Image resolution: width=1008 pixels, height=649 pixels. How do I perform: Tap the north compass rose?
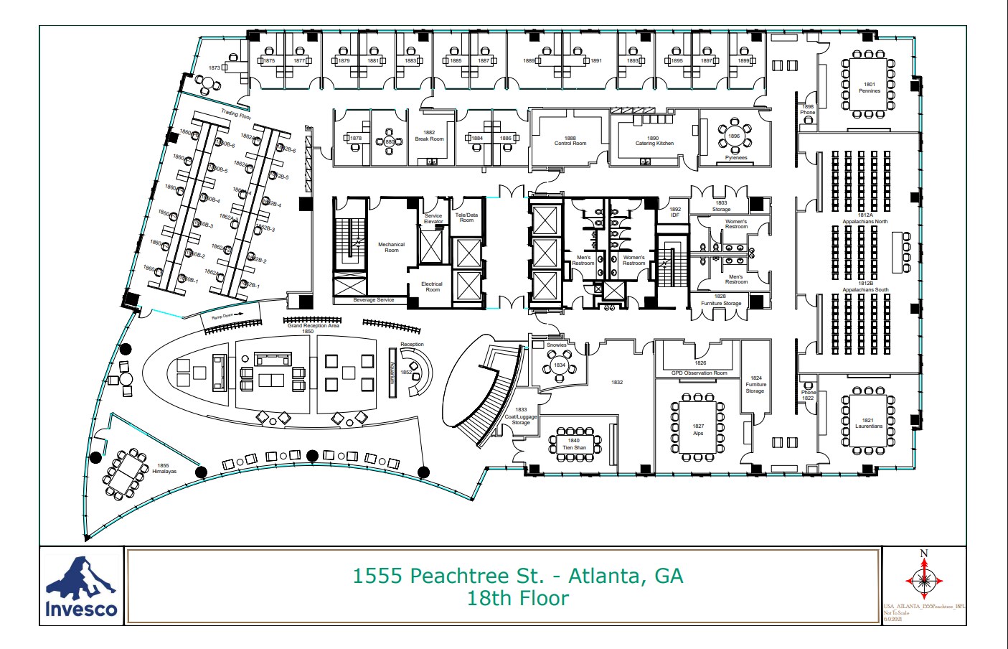pyautogui.click(x=924, y=579)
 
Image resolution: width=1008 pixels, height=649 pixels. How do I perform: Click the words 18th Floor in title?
pyautogui.click(x=517, y=598)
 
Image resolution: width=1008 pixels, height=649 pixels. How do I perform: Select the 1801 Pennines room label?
pyautogui.click(x=869, y=88)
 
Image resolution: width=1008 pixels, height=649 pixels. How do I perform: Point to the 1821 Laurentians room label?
pyautogui.click(x=868, y=423)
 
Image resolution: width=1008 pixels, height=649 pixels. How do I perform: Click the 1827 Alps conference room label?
pyautogui.click(x=698, y=429)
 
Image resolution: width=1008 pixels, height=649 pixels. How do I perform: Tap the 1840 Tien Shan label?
pyautogui.click(x=574, y=444)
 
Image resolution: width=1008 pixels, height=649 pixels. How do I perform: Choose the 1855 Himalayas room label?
pyautogui.click(x=164, y=469)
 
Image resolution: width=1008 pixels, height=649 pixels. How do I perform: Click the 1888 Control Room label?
pyautogui.click(x=570, y=141)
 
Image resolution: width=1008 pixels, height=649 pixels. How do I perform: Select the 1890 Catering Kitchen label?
pyautogui.click(x=654, y=141)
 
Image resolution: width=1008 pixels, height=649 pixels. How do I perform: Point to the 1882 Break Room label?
pyautogui.click(x=429, y=136)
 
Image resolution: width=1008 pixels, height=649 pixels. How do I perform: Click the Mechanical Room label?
pyautogui.click(x=391, y=247)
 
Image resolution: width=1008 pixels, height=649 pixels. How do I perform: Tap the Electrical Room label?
pyautogui.click(x=432, y=286)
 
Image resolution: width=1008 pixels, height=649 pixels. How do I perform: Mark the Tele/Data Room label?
pyautogui.click(x=466, y=218)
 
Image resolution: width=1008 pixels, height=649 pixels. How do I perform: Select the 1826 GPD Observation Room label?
pyautogui.click(x=700, y=368)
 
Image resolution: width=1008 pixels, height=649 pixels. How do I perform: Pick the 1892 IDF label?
pyautogui.click(x=674, y=212)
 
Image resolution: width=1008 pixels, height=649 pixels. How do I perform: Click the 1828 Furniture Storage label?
pyautogui.click(x=720, y=300)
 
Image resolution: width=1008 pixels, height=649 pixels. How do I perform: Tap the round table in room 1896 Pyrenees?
pyautogui.click(x=733, y=136)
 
